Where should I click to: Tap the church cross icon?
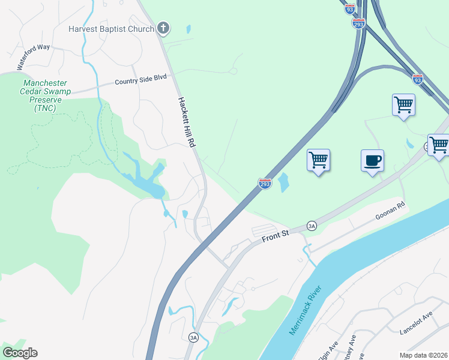point(163,28)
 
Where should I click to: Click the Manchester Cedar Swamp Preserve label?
point(45,95)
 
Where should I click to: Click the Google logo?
point(20,353)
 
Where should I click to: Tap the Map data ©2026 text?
point(423,355)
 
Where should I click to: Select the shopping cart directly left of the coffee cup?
point(318,161)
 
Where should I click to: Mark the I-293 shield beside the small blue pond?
point(265,184)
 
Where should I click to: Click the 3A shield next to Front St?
point(311,226)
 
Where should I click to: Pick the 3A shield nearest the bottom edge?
point(193,338)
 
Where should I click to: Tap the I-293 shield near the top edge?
point(358,23)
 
